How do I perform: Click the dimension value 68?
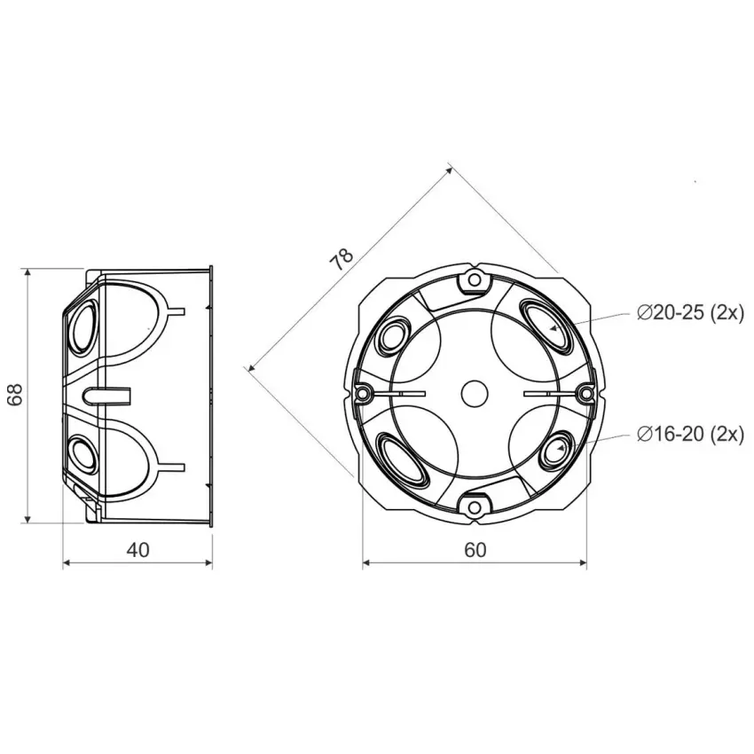point(16,395)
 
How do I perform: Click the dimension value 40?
point(137,550)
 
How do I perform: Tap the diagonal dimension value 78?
point(342,260)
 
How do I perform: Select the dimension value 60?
point(475,550)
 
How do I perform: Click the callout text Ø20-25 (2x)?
point(690,313)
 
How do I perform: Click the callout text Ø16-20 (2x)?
point(690,435)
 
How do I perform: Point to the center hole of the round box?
point(475,394)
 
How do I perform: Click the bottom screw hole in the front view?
point(475,507)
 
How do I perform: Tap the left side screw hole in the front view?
point(363,394)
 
